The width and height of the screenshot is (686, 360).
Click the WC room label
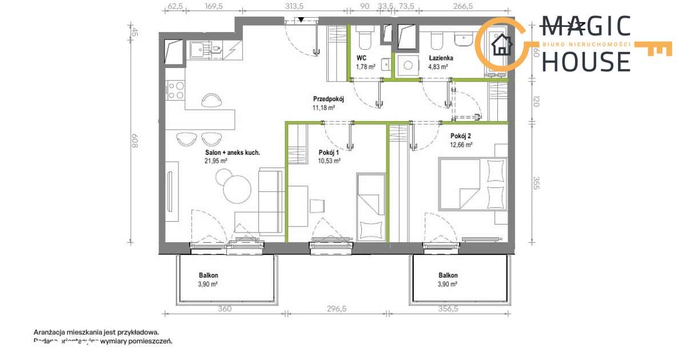(361, 58)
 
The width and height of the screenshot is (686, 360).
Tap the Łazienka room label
(441, 58)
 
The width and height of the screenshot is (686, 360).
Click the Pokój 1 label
(329, 153)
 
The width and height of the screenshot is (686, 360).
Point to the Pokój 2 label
(461, 136)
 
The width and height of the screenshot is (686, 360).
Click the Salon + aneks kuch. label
(233, 153)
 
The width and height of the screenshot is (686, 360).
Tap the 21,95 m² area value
(217, 161)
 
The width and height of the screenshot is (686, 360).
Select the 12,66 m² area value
(461, 145)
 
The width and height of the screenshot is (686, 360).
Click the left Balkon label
(209, 275)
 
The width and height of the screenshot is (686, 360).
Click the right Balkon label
(448, 275)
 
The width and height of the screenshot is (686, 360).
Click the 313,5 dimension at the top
(295, 6)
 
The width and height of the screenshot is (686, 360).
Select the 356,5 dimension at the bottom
(448, 309)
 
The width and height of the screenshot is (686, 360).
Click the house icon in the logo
(502, 44)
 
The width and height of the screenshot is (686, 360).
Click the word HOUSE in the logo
(585, 61)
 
